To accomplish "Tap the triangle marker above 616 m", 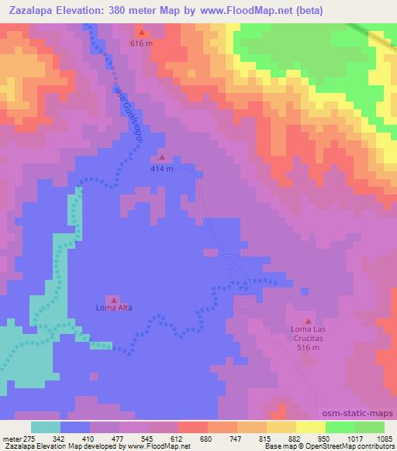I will pos(142,33).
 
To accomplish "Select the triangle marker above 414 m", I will pos(161,157).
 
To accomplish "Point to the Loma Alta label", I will pos(114,308).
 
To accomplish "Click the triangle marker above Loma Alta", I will pos(114,299).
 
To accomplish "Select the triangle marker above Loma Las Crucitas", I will pos(308,321).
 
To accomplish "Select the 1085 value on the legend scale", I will pos(385,438).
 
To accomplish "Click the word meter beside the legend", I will pos(11,438).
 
